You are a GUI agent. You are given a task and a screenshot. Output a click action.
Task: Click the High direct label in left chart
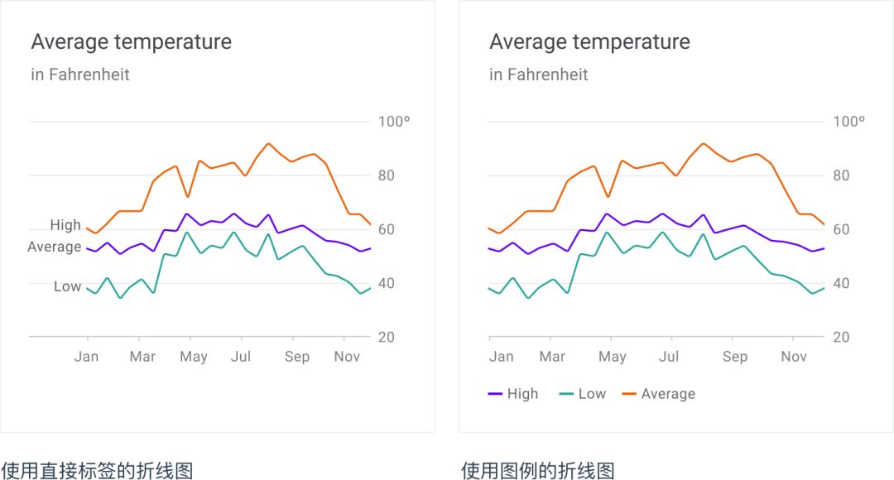click(x=65, y=225)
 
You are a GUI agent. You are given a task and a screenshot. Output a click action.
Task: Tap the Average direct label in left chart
click(x=55, y=247)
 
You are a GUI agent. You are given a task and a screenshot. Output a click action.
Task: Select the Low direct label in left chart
click(x=68, y=286)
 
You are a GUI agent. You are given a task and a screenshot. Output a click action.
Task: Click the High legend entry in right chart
click(x=514, y=394)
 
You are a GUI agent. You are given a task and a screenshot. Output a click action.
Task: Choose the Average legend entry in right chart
click(x=659, y=394)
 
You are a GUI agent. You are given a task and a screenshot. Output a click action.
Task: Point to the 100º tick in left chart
click(x=394, y=122)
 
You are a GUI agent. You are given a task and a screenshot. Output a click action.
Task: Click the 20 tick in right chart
click(x=841, y=338)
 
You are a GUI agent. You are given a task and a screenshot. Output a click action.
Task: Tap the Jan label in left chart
click(x=86, y=357)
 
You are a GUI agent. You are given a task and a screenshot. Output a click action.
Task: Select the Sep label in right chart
click(x=734, y=357)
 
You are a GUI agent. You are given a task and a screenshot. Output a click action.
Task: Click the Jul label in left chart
click(x=241, y=357)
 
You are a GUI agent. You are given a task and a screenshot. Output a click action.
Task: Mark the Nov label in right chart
click(x=793, y=357)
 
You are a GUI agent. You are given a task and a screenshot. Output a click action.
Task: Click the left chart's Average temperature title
click(x=131, y=42)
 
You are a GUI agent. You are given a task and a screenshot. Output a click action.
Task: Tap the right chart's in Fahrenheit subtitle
click(x=539, y=74)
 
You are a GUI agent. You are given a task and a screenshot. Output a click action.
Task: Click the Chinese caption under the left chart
click(x=97, y=471)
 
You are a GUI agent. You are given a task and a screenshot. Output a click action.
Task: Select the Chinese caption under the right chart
click(x=538, y=471)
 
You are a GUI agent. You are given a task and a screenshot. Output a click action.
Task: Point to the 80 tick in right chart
click(x=841, y=175)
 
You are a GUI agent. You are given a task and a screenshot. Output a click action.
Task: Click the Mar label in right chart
click(x=552, y=357)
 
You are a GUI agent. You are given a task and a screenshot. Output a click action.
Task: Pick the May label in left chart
click(x=194, y=357)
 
